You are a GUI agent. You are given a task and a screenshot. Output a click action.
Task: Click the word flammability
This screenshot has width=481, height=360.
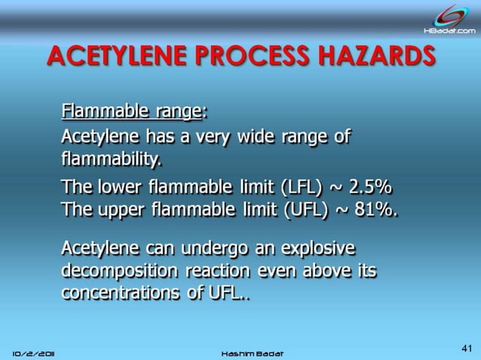pos(110,160)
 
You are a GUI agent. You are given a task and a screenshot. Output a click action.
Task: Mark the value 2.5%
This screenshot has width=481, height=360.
pos(370,188)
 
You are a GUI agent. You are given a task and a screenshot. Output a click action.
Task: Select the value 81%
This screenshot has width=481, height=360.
pos(374,210)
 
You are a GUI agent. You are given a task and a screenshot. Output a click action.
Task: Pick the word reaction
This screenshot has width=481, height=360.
pos(224,270)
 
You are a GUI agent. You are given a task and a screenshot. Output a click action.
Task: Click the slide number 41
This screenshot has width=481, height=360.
pos(466,348)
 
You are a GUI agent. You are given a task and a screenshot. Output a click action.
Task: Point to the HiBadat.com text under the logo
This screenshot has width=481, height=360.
pos(449,31)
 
